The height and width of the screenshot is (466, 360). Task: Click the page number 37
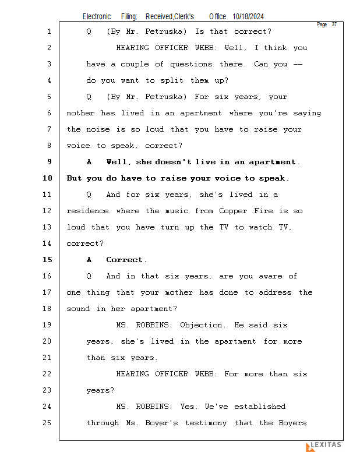(x=334, y=24)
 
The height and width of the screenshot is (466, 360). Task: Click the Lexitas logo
(x=324, y=446)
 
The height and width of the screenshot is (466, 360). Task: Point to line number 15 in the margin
(x=47, y=260)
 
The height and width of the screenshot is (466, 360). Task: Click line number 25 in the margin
(x=47, y=423)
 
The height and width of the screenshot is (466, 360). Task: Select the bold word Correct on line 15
(x=126, y=260)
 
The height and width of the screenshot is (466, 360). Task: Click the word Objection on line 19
(x=202, y=325)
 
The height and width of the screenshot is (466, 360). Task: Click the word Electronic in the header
(x=97, y=17)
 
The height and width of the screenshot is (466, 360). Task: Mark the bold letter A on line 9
(x=89, y=162)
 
